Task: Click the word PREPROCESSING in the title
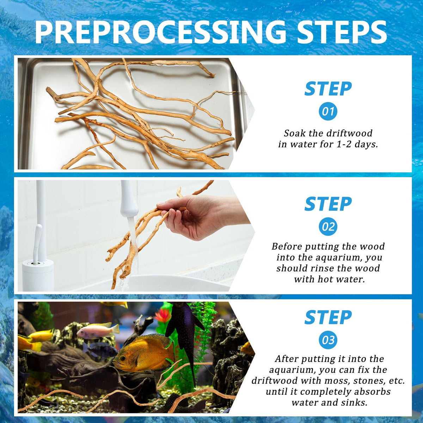click(x=161, y=32)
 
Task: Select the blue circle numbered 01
click(x=328, y=111)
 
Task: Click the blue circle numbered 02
click(x=328, y=227)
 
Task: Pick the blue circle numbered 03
click(x=328, y=340)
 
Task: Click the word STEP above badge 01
click(x=328, y=89)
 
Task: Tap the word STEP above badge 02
click(x=328, y=204)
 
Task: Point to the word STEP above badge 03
click(x=328, y=317)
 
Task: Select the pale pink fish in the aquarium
click(x=98, y=331)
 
